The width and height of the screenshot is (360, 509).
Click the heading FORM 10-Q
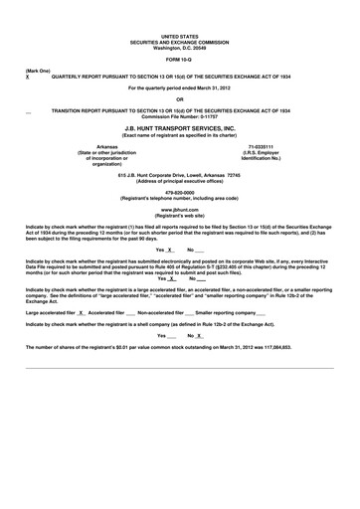180,60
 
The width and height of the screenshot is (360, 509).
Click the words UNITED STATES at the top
180,35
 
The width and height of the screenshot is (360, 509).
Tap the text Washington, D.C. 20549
180,46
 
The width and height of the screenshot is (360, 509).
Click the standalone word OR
180,98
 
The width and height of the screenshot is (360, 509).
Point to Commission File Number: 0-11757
180,116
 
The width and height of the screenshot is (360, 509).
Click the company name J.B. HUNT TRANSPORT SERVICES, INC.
180,129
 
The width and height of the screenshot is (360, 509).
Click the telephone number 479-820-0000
180,194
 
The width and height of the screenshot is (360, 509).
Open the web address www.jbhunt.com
180,211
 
